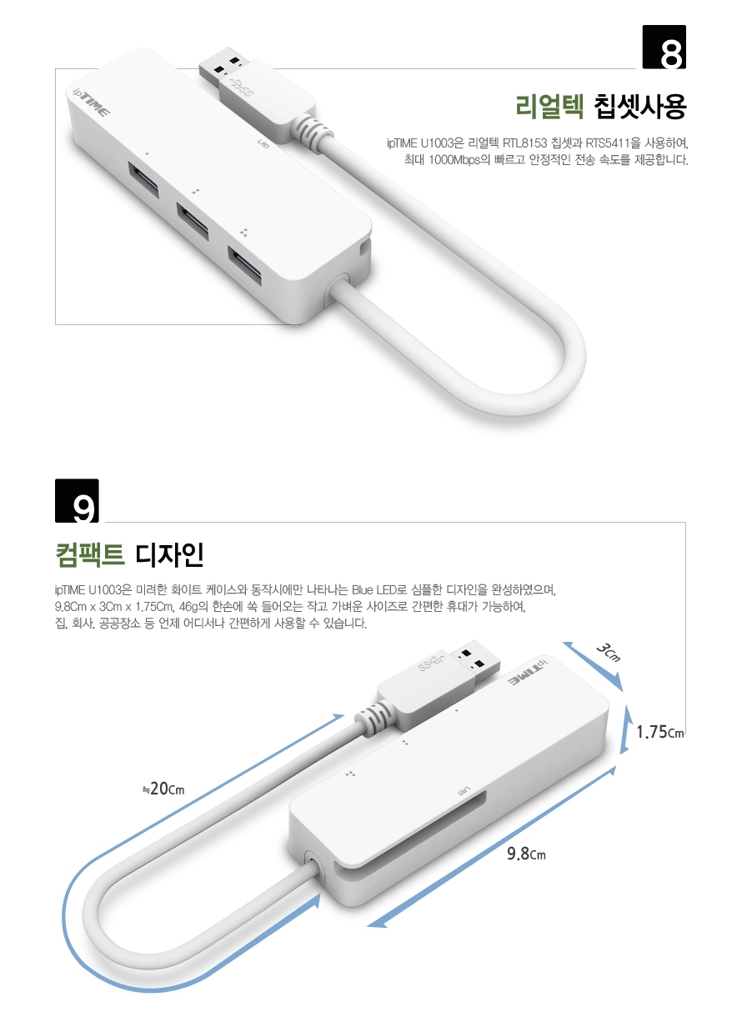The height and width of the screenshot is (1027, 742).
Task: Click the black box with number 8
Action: click(664, 47)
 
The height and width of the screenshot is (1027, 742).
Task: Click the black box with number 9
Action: click(77, 500)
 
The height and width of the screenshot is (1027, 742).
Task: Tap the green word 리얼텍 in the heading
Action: click(549, 107)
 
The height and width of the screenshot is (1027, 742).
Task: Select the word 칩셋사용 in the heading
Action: click(639, 107)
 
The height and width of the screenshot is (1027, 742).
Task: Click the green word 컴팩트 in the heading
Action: click(89, 555)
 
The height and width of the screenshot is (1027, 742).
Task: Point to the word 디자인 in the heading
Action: click(169, 555)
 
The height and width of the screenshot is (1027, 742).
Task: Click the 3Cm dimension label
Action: click(609, 653)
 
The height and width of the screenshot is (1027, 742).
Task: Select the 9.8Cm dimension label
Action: click(526, 854)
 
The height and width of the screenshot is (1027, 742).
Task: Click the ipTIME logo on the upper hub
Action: click(91, 103)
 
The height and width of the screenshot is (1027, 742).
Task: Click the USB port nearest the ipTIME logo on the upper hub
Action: click(143, 178)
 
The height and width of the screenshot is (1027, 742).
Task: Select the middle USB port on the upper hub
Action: click(193, 221)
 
